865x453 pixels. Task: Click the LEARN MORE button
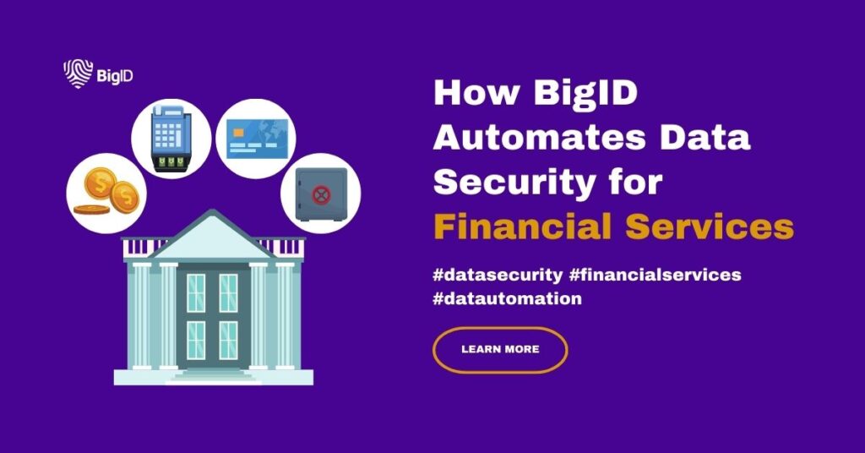[x=500, y=349]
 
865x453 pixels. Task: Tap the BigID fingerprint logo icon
[x=78, y=74]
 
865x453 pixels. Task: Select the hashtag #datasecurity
[x=498, y=275]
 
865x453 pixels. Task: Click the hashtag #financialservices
[x=655, y=274]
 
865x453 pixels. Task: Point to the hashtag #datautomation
[x=507, y=298]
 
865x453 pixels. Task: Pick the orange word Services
[x=710, y=226]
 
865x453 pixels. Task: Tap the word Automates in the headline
[x=539, y=137]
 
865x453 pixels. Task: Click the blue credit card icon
[x=255, y=139]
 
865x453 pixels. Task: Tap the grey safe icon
[x=321, y=194]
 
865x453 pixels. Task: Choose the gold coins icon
[x=106, y=192]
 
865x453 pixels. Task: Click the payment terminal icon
[x=171, y=138]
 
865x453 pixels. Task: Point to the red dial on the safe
[x=321, y=194]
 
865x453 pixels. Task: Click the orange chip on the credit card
[x=238, y=133]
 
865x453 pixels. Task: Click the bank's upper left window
[x=196, y=293]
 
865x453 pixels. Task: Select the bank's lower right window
[x=228, y=341]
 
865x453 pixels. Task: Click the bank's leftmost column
[x=141, y=315]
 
